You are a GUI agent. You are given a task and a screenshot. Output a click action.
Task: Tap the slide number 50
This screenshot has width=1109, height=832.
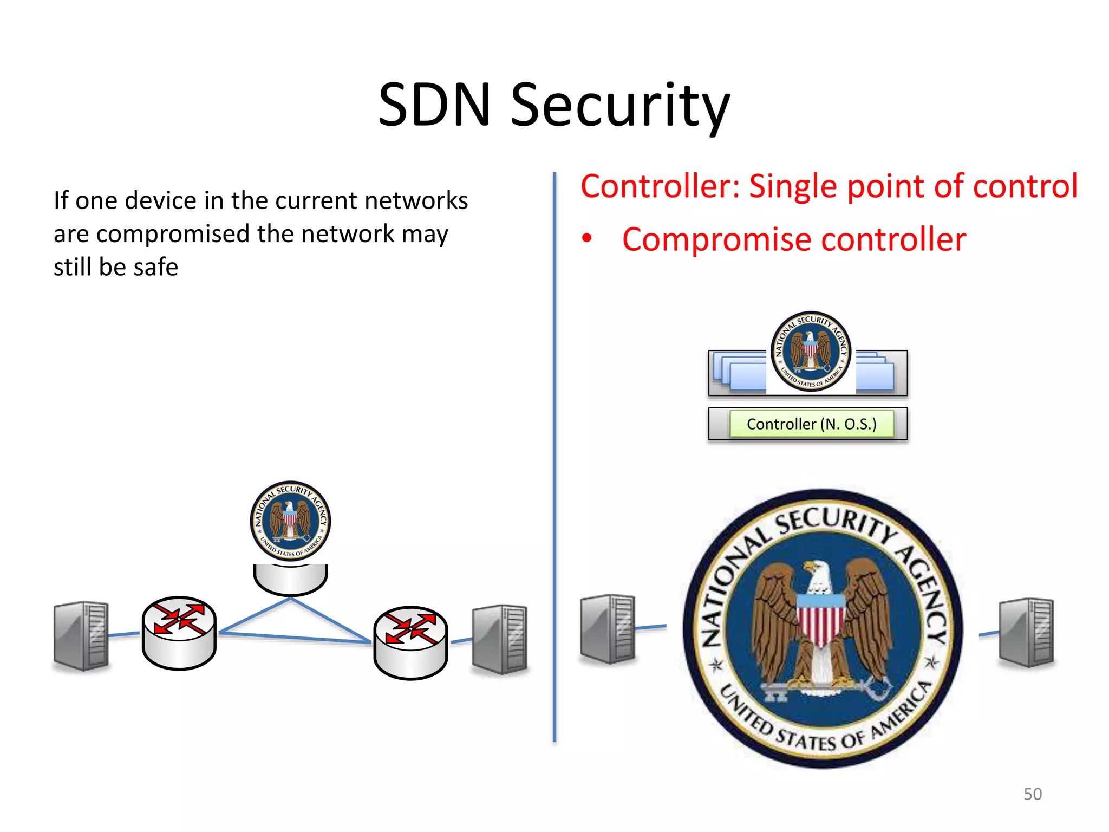[1032, 794]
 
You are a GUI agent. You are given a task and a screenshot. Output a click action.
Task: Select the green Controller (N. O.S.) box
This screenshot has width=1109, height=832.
[811, 424]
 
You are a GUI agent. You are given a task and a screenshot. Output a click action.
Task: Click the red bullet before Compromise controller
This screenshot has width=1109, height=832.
[587, 238]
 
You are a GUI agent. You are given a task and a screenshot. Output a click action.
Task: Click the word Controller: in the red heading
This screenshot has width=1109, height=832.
[660, 186]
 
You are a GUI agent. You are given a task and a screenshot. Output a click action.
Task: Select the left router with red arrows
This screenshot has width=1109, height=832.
[179, 633]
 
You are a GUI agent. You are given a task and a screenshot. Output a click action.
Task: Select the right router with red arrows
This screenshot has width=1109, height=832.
[410, 642]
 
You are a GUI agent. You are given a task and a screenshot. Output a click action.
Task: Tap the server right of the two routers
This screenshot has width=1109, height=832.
[499, 639]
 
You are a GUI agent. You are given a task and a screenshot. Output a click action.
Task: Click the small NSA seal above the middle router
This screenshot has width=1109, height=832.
[290, 521]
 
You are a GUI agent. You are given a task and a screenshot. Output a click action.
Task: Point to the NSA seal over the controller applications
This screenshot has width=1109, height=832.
[811, 352]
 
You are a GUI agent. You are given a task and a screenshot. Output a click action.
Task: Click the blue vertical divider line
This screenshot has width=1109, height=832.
[554, 455]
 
